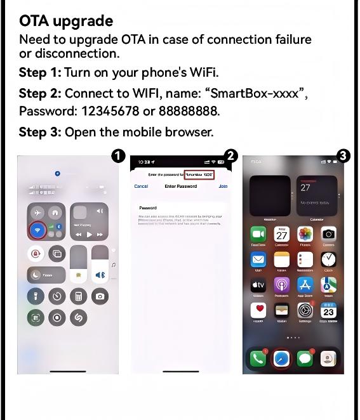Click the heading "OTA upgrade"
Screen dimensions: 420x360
click(65, 21)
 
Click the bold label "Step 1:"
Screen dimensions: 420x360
click(40, 72)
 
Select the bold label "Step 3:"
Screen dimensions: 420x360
click(40, 132)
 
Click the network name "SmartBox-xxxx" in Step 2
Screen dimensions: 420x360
click(258, 93)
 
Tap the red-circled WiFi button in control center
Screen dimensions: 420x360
click(37, 230)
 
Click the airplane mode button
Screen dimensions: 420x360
click(37, 213)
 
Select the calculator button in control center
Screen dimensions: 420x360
click(78, 296)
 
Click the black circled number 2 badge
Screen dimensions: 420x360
click(231, 156)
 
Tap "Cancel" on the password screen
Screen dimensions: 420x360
click(141, 187)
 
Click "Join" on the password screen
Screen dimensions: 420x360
click(223, 187)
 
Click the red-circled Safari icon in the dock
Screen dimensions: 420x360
click(281, 358)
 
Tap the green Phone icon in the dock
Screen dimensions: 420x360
click(258, 358)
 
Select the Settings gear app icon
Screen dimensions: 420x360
click(305, 311)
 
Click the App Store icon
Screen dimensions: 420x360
click(305, 285)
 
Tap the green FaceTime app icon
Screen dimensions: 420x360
click(258, 234)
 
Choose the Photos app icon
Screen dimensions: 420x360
click(305, 234)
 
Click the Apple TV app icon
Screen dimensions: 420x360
click(258, 285)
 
